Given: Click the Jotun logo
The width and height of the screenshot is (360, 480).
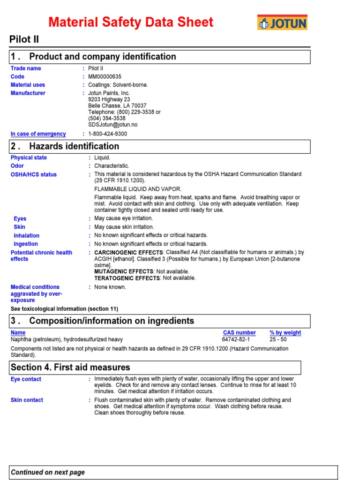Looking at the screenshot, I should [x=282, y=22].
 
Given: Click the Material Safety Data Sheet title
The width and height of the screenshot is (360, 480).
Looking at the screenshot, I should [x=131, y=22].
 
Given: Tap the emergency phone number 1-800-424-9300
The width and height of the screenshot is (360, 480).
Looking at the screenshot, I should [x=107, y=134].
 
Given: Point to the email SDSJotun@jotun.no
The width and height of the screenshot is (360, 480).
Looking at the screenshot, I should [x=112, y=125].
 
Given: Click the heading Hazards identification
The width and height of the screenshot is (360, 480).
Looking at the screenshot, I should [x=74, y=146].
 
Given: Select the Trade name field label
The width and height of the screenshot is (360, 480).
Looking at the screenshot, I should [x=26, y=68].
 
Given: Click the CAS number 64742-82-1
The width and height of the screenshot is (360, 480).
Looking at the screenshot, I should [x=236, y=339].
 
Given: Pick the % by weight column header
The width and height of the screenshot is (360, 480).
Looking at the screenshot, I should [x=285, y=333].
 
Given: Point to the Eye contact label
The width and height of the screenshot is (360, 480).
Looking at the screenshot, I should [x=26, y=379].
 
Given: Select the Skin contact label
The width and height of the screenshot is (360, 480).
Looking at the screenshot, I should [x=27, y=400].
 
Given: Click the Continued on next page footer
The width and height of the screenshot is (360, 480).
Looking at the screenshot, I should [x=48, y=472].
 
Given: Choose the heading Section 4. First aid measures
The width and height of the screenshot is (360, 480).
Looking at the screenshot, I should [x=70, y=367].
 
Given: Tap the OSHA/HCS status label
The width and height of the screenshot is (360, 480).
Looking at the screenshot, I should [x=34, y=174].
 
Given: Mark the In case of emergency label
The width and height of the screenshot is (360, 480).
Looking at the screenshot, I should [x=38, y=134].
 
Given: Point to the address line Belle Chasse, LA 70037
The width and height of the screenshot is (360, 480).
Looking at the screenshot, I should [x=117, y=106].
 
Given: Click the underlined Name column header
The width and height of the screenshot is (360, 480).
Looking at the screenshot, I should [x=17, y=333].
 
